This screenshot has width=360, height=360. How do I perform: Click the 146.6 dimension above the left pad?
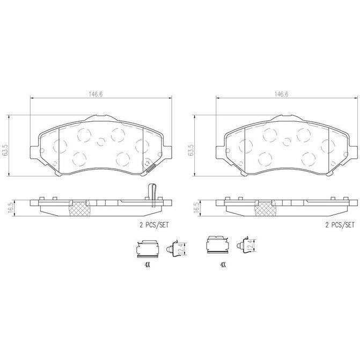click(95, 94)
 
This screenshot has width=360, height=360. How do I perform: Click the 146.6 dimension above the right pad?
click(282, 94)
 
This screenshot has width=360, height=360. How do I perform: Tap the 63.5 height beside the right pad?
click(191, 150)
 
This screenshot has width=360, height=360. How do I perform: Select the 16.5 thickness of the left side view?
click(11, 208)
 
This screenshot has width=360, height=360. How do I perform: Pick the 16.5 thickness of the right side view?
click(196, 208)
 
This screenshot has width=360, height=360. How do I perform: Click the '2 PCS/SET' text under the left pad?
click(154, 225)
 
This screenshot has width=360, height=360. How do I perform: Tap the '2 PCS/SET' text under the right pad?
click(340, 225)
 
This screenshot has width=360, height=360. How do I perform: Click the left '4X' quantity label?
click(148, 265)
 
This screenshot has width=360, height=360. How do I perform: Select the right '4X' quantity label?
click(223, 265)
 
